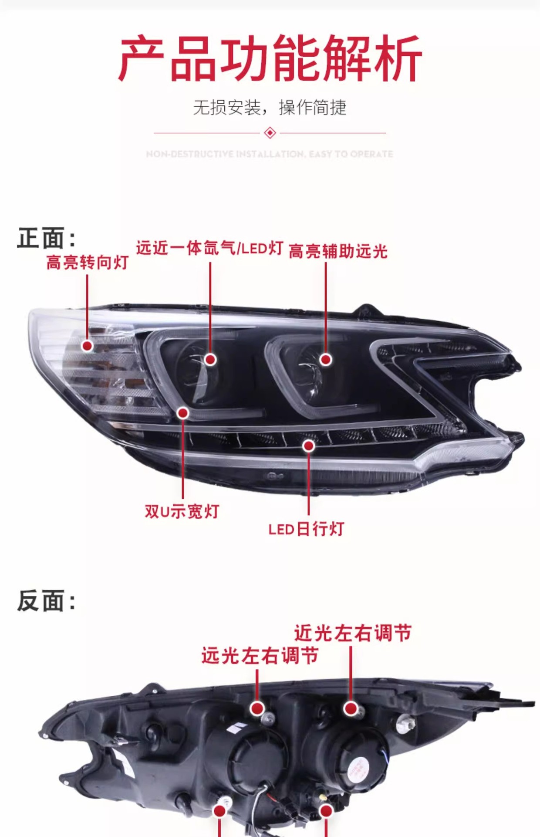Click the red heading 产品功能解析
coord(270,58)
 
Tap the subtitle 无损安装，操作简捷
coord(270,107)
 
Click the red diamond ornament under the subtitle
coord(270,133)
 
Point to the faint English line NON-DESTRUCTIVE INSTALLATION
coord(270,154)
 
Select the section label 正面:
coord(46,238)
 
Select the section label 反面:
coord(46,601)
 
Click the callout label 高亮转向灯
coord(87,262)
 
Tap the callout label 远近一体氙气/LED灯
coord(209,248)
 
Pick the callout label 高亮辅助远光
coord(338,251)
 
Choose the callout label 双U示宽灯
coord(182,511)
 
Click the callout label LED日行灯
coord(306,529)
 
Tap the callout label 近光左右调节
coord(353,633)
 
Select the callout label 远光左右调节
coord(260,655)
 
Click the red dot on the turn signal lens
coord(88,346)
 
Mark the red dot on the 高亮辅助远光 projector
coord(326,360)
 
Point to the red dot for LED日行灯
coord(309,446)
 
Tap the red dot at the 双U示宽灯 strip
coord(183,412)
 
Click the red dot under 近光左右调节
coord(351,708)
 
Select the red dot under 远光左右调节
coord(257,708)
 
